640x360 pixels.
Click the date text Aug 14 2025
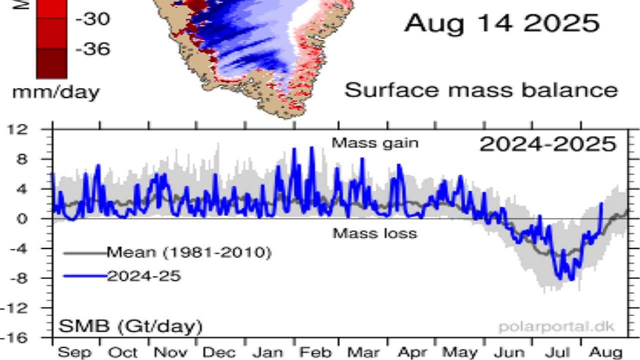pyautogui.click(x=501, y=23)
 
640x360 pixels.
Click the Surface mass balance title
pyautogui.click(x=481, y=90)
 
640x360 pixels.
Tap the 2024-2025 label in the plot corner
pyautogui.click(x=547, y=144)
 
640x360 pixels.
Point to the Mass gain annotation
pyautogui.click(x=375, y=143)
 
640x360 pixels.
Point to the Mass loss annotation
pyautogui.click(x=375, y=233)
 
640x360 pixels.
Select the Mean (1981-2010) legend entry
pyautogui.click(x=188, y=253)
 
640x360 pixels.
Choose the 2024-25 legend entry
pyautogui.click(x=143, y=276)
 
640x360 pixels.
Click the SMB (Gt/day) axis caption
pyautogui.click(x=131, y=327)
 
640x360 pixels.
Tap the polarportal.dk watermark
pyautogui.click(x=556, y=327)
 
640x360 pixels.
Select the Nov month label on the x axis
pyautogui.click(x=170, y=352)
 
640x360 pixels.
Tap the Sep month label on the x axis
pyautogui.click(x=75, y=352)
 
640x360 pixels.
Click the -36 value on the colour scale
pyautogui.click(x=93, y=49)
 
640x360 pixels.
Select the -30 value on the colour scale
pyautogui.click(x=93, y=19)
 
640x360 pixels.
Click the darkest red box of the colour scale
pyautogui.click(x=51, y=63)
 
